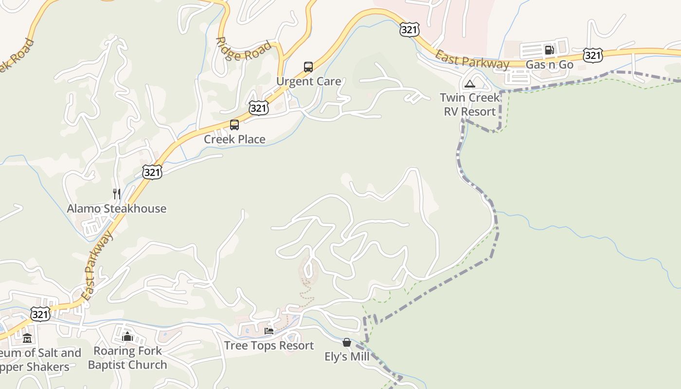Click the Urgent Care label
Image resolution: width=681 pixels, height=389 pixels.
(x=308, y=81)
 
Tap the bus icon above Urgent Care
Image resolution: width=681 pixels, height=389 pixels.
(x=308, y=67)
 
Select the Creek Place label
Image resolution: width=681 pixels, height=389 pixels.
(x=234, y=139)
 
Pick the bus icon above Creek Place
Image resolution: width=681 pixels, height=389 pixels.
(x=234, y=125)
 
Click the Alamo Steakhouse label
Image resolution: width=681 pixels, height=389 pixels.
(x=116, y=209)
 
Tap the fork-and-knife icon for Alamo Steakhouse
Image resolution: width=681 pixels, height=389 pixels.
(x=117, y=194)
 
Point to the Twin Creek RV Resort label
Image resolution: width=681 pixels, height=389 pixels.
(x=469, y=105)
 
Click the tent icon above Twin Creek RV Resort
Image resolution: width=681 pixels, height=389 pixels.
(x=469, y=84)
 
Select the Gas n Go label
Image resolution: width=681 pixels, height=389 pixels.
(x=550, y=65)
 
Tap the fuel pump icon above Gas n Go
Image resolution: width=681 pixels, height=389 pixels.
(x=549, y=50)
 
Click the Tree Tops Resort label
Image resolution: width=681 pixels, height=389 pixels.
(x=269, y=345)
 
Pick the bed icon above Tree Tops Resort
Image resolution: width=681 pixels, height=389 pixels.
(x=269, y=331)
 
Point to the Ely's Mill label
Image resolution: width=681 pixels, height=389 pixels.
(x=347, y=357)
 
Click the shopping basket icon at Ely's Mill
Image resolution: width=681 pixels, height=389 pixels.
(x=347, y=343)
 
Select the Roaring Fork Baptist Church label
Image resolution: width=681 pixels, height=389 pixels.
(x=127, y=358)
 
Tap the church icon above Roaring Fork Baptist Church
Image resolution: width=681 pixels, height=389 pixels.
(x=127, y=336)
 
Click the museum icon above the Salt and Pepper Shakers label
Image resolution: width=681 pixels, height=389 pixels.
(x=27, y=338)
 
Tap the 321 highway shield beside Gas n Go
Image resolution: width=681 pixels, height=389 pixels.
(x=593, y=55)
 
